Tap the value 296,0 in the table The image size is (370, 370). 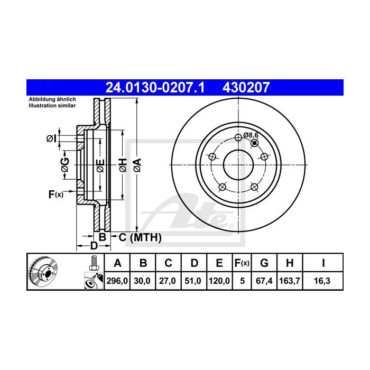[x=118, y=281]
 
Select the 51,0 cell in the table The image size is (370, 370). [x=194, y=281]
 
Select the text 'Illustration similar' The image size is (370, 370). [x=52, y=106]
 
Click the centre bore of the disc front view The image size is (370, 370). [x=238, y=165]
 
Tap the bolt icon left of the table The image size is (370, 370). [x=93, y=261]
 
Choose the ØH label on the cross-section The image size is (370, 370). [x=122, y=165]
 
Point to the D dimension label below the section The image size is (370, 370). [x=93, y=246]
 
